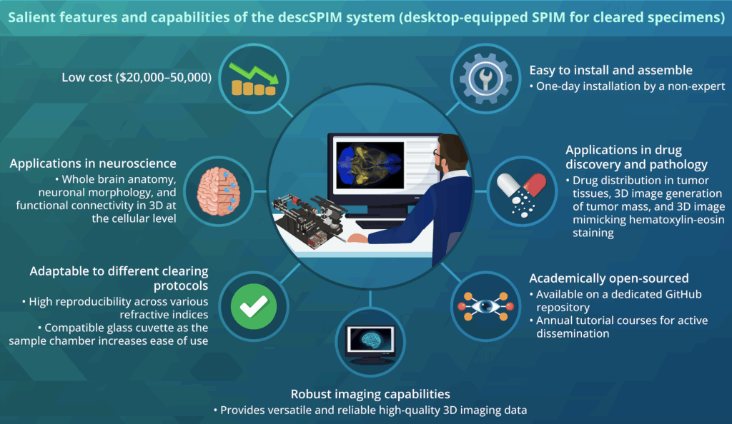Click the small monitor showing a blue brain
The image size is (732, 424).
[367, 342]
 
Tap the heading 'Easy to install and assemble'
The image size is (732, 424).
[610, 70]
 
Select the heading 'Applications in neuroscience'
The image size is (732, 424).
[93, 163]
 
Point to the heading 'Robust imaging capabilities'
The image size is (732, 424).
[370, 394]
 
